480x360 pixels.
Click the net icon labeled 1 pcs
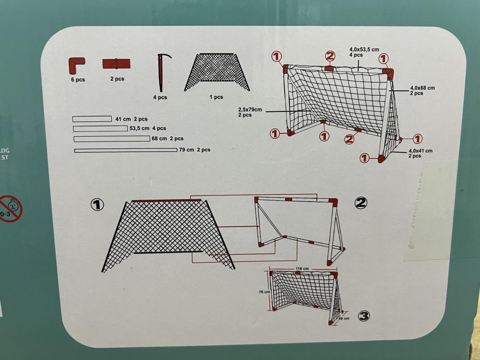tap(217, 72)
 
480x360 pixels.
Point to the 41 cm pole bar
tap(92, 119)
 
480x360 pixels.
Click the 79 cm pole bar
tap(126, 150)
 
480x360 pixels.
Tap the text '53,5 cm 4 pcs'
tap(148, 128)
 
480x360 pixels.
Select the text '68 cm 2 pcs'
tap(168, 138)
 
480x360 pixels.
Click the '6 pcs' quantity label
tap(77, 80)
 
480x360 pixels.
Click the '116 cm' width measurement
tap(302, 269)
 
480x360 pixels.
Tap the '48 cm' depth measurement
tap(343, 318)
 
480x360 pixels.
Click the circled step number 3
tap(364, 315)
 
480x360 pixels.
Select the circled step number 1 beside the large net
tap(97, 205)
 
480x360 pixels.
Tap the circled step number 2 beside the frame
tap(361, 203)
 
